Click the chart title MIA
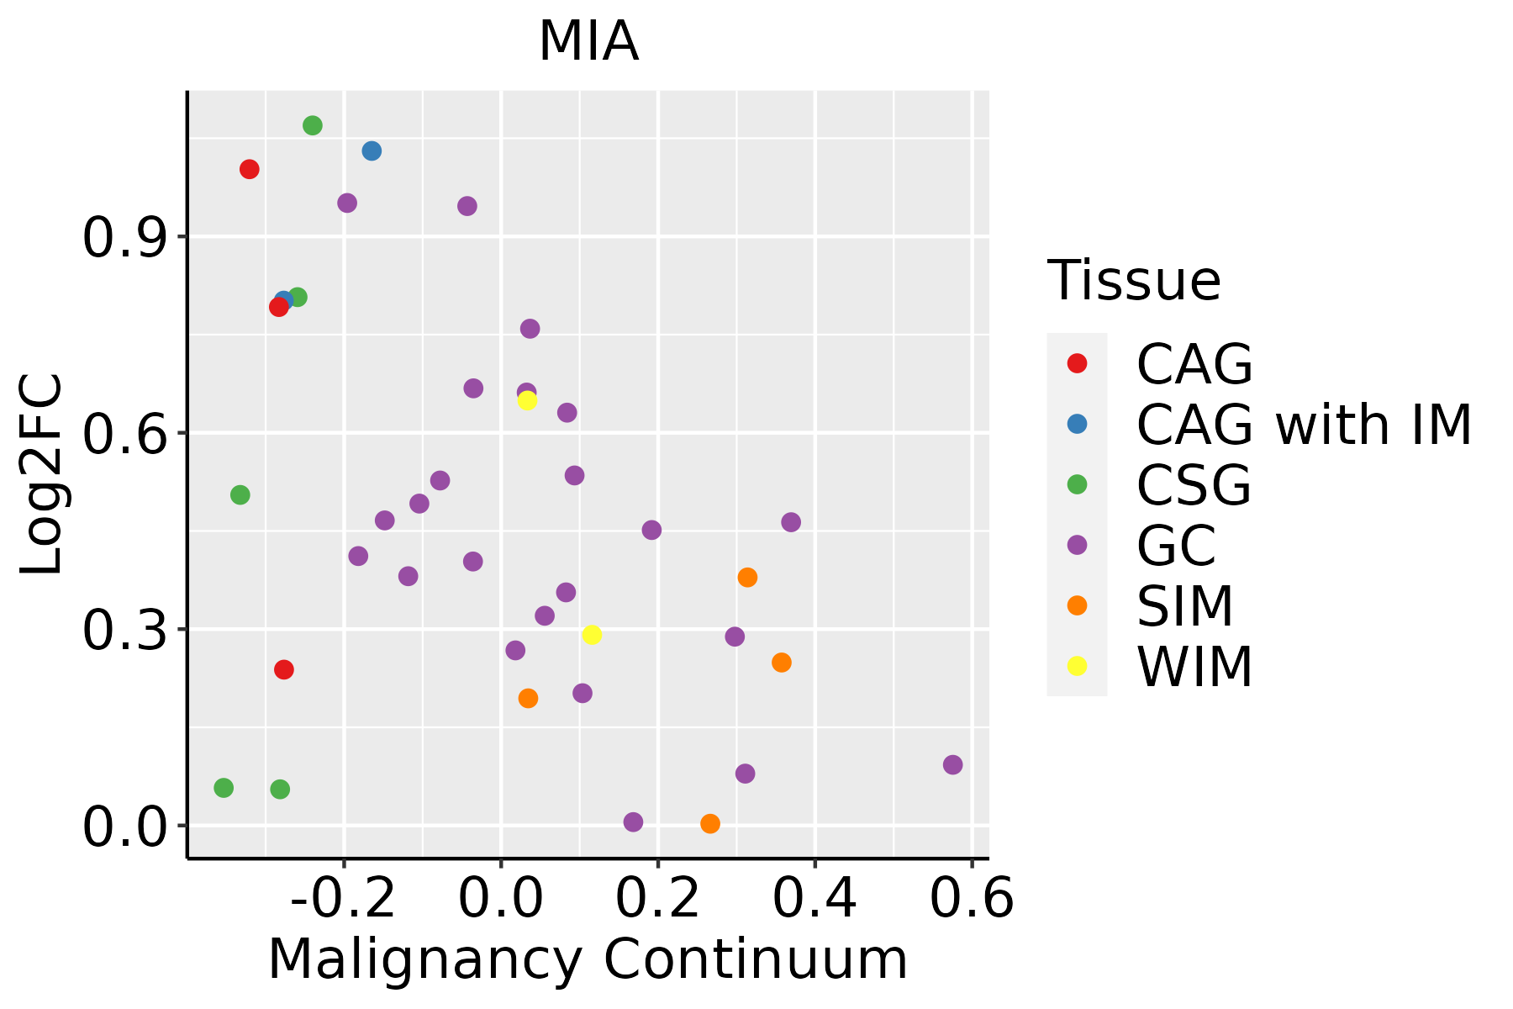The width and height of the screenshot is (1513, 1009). pos(588,42)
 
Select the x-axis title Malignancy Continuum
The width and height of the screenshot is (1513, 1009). pos(588,959)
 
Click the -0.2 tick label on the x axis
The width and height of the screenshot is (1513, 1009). pos(343,899)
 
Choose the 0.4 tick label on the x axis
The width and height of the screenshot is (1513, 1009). pos(814,899)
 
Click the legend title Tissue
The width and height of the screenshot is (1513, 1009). pos(1134,281)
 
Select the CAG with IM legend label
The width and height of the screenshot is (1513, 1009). pos(1304,425)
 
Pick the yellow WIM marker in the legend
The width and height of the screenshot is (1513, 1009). pos(1077,666)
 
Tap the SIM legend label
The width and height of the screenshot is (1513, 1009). pos(1185,606)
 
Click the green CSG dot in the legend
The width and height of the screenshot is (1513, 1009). pos(1077,484)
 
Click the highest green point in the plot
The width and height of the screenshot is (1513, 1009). pos(313,126)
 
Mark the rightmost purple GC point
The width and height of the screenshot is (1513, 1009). pos(952,765)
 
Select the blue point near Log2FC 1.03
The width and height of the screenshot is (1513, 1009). pos(372,151)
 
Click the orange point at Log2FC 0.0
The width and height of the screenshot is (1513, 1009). pos(710,824)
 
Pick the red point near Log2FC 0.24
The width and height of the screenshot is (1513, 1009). pos(284,670)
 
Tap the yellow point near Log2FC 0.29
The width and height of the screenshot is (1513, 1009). pos(592,635)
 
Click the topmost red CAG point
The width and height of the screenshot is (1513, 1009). pos(250,170)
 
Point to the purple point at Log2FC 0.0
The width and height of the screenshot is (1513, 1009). pos(634,822)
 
